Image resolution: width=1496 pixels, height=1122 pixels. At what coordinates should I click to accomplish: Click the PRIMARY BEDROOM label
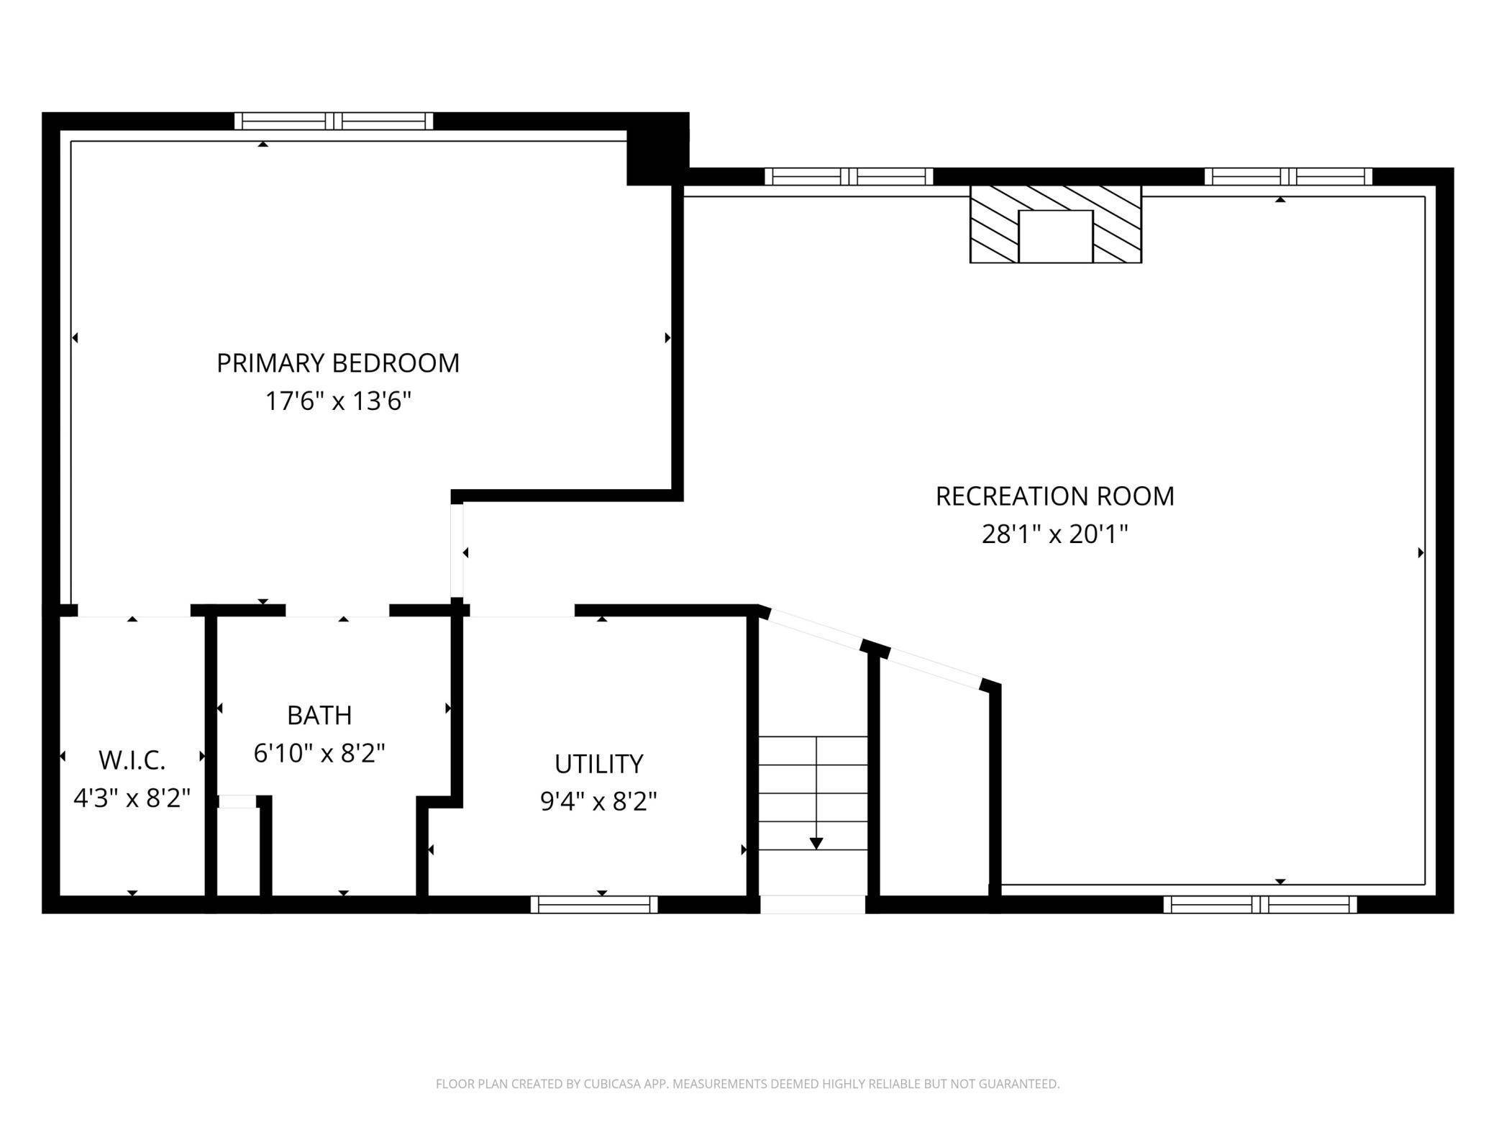point(338,363)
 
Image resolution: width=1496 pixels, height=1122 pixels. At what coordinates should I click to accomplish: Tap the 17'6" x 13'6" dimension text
point(338,401)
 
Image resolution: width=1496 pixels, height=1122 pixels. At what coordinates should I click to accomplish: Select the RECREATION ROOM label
point(1054,496)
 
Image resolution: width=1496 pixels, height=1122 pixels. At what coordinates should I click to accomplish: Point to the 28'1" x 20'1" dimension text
point(1054,534)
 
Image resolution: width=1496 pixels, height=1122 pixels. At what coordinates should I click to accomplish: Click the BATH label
point(319,716)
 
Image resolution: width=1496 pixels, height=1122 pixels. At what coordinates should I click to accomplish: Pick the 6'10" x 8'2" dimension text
point(319,754)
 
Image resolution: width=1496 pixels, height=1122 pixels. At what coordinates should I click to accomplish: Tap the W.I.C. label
point(132,760)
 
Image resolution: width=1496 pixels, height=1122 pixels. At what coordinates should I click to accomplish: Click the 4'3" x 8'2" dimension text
point(132,798)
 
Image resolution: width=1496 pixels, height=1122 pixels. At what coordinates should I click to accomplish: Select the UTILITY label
point(598,764)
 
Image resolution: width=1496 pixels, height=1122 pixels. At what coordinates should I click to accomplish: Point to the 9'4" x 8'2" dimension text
point(598,801)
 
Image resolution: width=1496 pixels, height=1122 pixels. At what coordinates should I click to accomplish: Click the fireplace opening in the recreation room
point(1055,236)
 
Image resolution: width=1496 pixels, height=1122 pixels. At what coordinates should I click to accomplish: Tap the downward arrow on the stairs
point(816,842)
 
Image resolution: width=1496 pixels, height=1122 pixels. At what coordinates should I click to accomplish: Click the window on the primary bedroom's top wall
point(334,121)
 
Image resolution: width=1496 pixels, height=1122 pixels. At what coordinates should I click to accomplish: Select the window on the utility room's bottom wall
point(594,905)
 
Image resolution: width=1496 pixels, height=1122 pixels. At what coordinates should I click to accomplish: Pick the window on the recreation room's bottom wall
point(1259,905)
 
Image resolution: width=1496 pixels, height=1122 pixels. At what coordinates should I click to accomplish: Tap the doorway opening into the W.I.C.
point(134,611)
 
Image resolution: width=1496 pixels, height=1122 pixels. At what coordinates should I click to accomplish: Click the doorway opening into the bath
point(337,611)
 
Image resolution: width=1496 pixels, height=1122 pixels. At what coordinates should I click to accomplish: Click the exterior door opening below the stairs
point(813,905)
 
